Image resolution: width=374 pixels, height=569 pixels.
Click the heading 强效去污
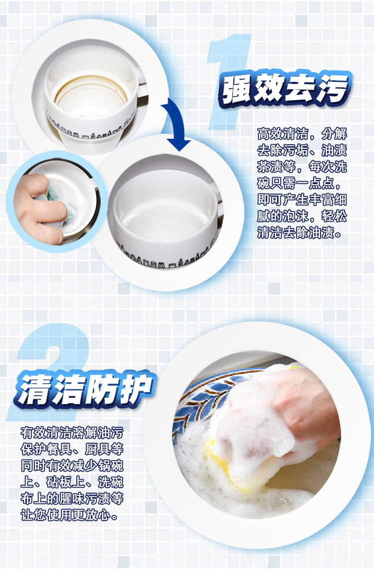284,88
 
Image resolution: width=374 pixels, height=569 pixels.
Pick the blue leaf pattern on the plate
203,399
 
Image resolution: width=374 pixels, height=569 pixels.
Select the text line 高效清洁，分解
302,134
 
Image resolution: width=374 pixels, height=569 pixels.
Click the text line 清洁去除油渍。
299,232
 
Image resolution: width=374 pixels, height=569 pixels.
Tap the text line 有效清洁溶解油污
72,433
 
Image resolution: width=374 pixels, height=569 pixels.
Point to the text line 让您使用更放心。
69,515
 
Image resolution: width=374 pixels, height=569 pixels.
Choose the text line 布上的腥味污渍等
72,498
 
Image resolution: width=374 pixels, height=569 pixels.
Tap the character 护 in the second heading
137,388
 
